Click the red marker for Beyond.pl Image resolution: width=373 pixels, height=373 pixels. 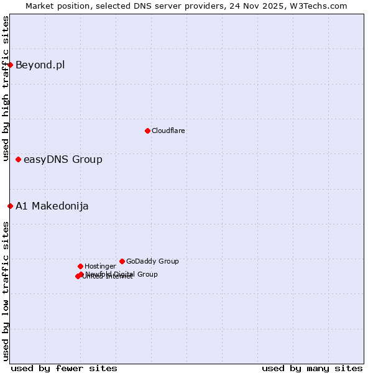click(x=10, y=65)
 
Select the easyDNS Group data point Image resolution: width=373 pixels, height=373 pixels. click(x=18, y=160)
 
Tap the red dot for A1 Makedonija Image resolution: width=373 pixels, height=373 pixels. click(x=10, y=206)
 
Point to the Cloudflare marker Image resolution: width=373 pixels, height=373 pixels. click(x=147, y=131)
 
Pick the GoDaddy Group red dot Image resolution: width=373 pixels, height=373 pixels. click(x=122, y=261)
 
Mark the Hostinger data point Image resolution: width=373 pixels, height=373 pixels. click(x=80, y=266)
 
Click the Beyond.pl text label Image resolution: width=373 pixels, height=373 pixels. click(x=40, y=65)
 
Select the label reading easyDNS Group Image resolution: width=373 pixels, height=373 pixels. click(x=63, y=160)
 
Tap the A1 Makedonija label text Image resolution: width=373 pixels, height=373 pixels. click(x=52, y=206)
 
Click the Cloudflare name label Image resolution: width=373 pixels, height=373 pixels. click(x=168, y=131)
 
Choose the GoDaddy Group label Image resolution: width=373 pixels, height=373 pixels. click(x=152, y=261)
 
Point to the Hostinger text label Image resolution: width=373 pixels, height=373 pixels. click(x=100, y=266)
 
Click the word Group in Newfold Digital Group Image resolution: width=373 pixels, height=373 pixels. click(x=147, y=274)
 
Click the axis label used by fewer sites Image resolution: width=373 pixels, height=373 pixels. click(x=64, y=368)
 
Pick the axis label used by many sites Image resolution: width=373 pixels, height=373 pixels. click(x=312, y=368)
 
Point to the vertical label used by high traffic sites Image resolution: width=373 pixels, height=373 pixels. click(x=6, y=88)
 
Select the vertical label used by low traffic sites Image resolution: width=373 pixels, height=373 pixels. click(x=6, y=290)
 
